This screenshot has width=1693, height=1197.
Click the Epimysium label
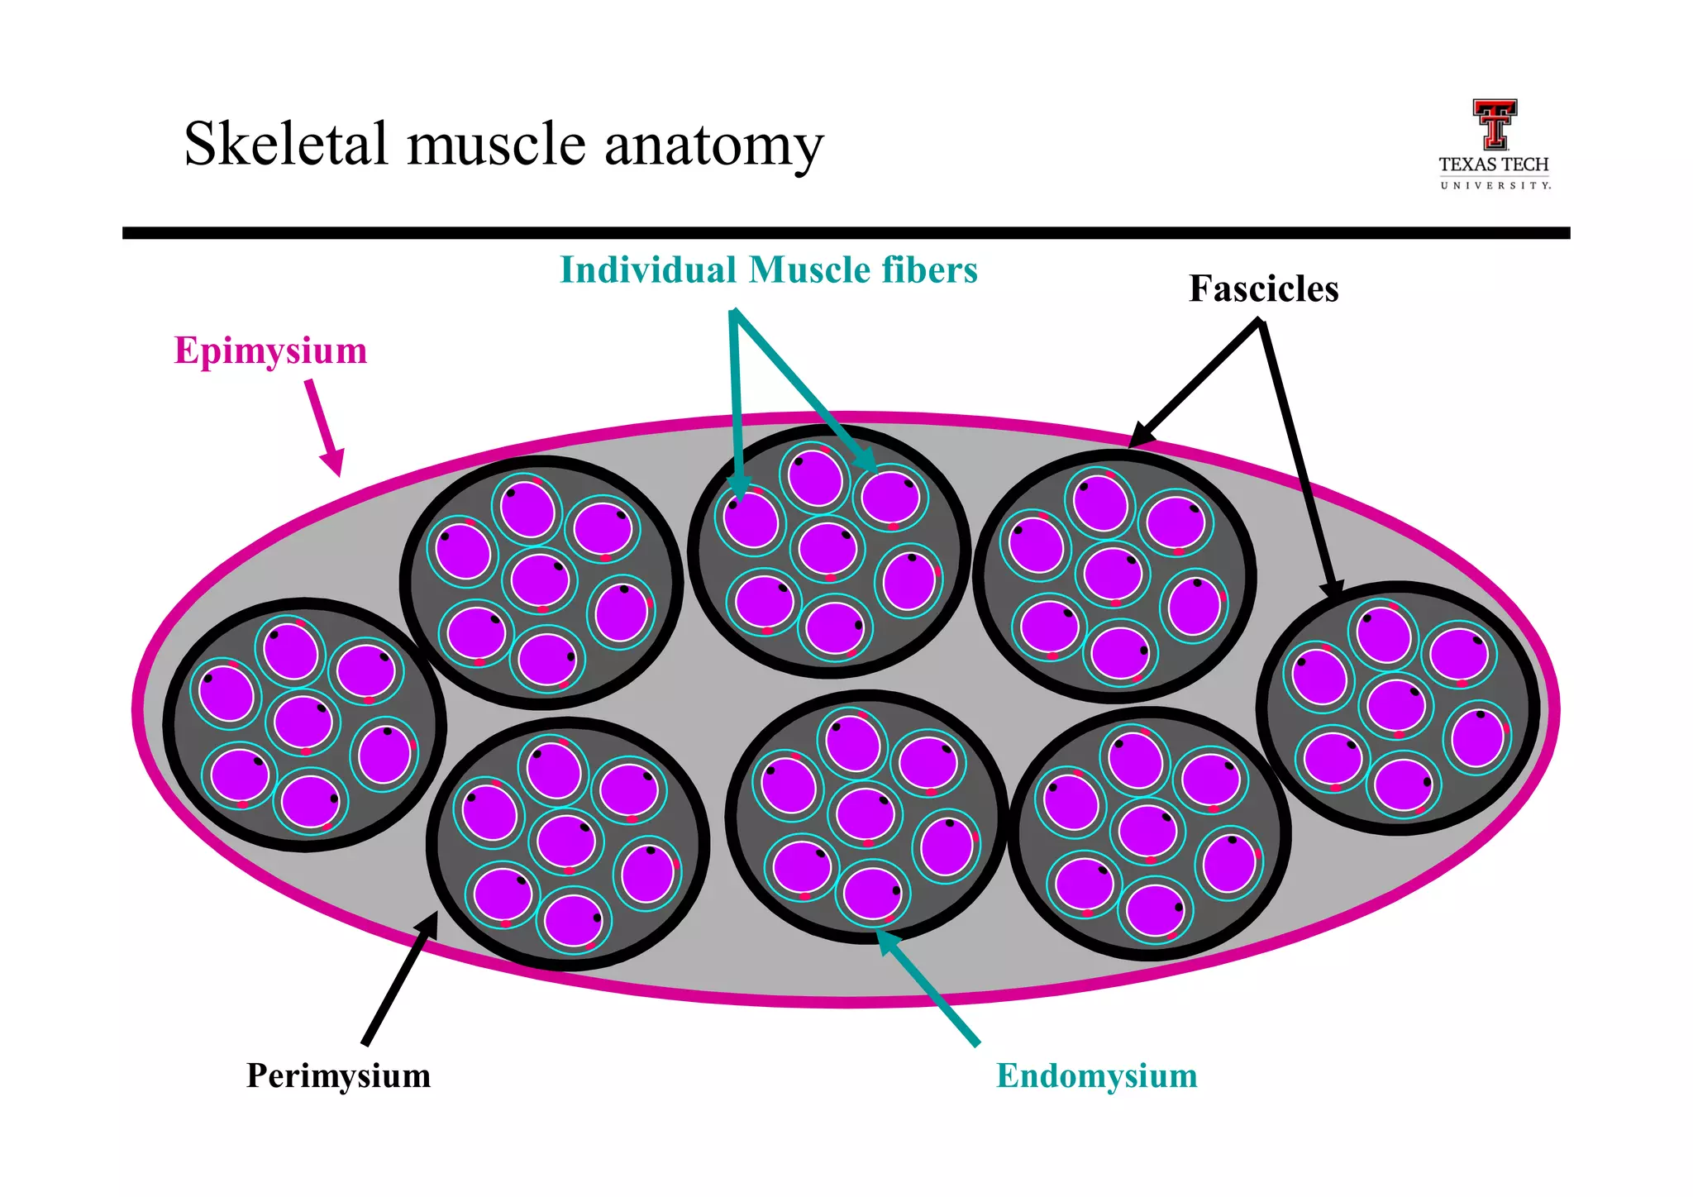[x=270, y=351]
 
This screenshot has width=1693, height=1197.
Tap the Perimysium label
[x=338, y=1075]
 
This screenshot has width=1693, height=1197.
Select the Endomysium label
[x=1096, y=1075]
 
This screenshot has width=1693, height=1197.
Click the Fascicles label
[x=1263, y=289]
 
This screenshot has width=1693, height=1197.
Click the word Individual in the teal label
[x=648, y=270]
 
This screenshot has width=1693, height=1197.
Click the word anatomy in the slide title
[x=713, y=145]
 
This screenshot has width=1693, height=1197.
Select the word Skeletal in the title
[x=285, y=144]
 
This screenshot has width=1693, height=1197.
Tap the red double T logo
[x=1494, y=124]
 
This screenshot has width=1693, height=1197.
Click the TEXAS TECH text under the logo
[x=1494, y=165]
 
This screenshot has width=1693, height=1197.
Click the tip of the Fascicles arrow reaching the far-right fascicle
[x=1333, y=592]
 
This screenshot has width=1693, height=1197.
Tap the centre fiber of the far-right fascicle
[x=1395, y=704]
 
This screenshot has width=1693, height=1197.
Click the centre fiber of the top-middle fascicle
[x=827, y=547]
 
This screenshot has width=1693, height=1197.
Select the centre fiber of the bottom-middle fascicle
[x=865, y=813]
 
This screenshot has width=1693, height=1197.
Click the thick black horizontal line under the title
[x=846, y=233]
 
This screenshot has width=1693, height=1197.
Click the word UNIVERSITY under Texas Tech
[x=1495, y=185]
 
